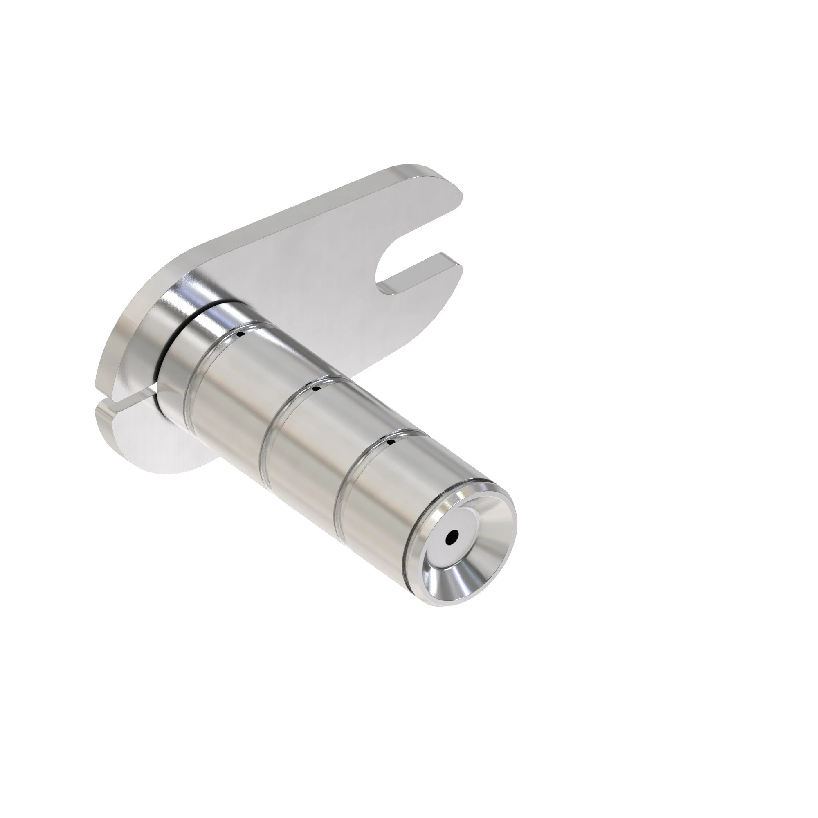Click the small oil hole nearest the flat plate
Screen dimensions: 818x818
click(240, 335)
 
